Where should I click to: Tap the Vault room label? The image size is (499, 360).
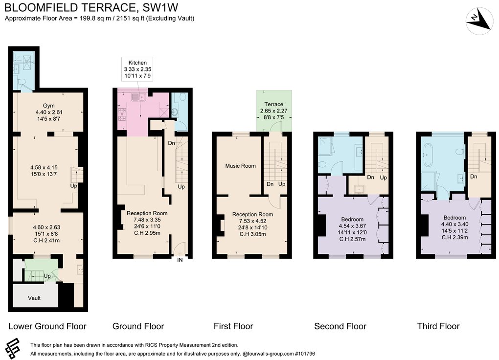point(34,298)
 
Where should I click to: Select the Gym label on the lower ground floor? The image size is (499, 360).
point(48,105)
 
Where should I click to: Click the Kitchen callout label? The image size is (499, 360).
point(137,63)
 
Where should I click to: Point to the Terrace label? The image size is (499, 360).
point(273,104)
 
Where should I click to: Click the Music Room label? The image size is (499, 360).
point(240,166)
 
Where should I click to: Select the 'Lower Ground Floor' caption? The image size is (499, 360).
point(47,326)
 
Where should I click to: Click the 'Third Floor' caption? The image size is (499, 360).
point(438,326)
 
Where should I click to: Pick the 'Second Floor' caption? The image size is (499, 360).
point(340,326)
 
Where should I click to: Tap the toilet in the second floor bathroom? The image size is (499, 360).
point(323,163)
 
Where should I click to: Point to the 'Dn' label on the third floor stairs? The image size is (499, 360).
point(473,176)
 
